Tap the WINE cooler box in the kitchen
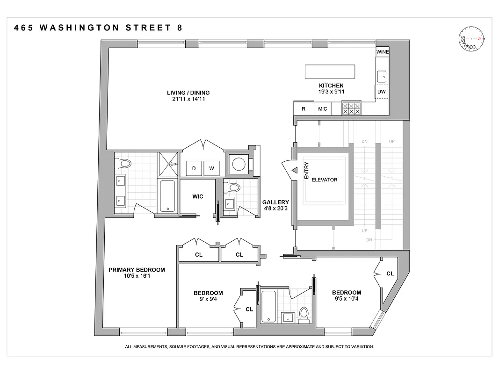coord(382,52)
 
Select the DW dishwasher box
coord(382,92)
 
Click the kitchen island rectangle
coord(330,72)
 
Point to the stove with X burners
coord(351,109)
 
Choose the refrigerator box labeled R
coord(304,109)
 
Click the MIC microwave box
coord(323,109)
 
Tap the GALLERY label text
coord(275,202)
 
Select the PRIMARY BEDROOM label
coord(137,270)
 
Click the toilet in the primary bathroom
coord(124,164)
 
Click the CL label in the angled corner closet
coord(390,273)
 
